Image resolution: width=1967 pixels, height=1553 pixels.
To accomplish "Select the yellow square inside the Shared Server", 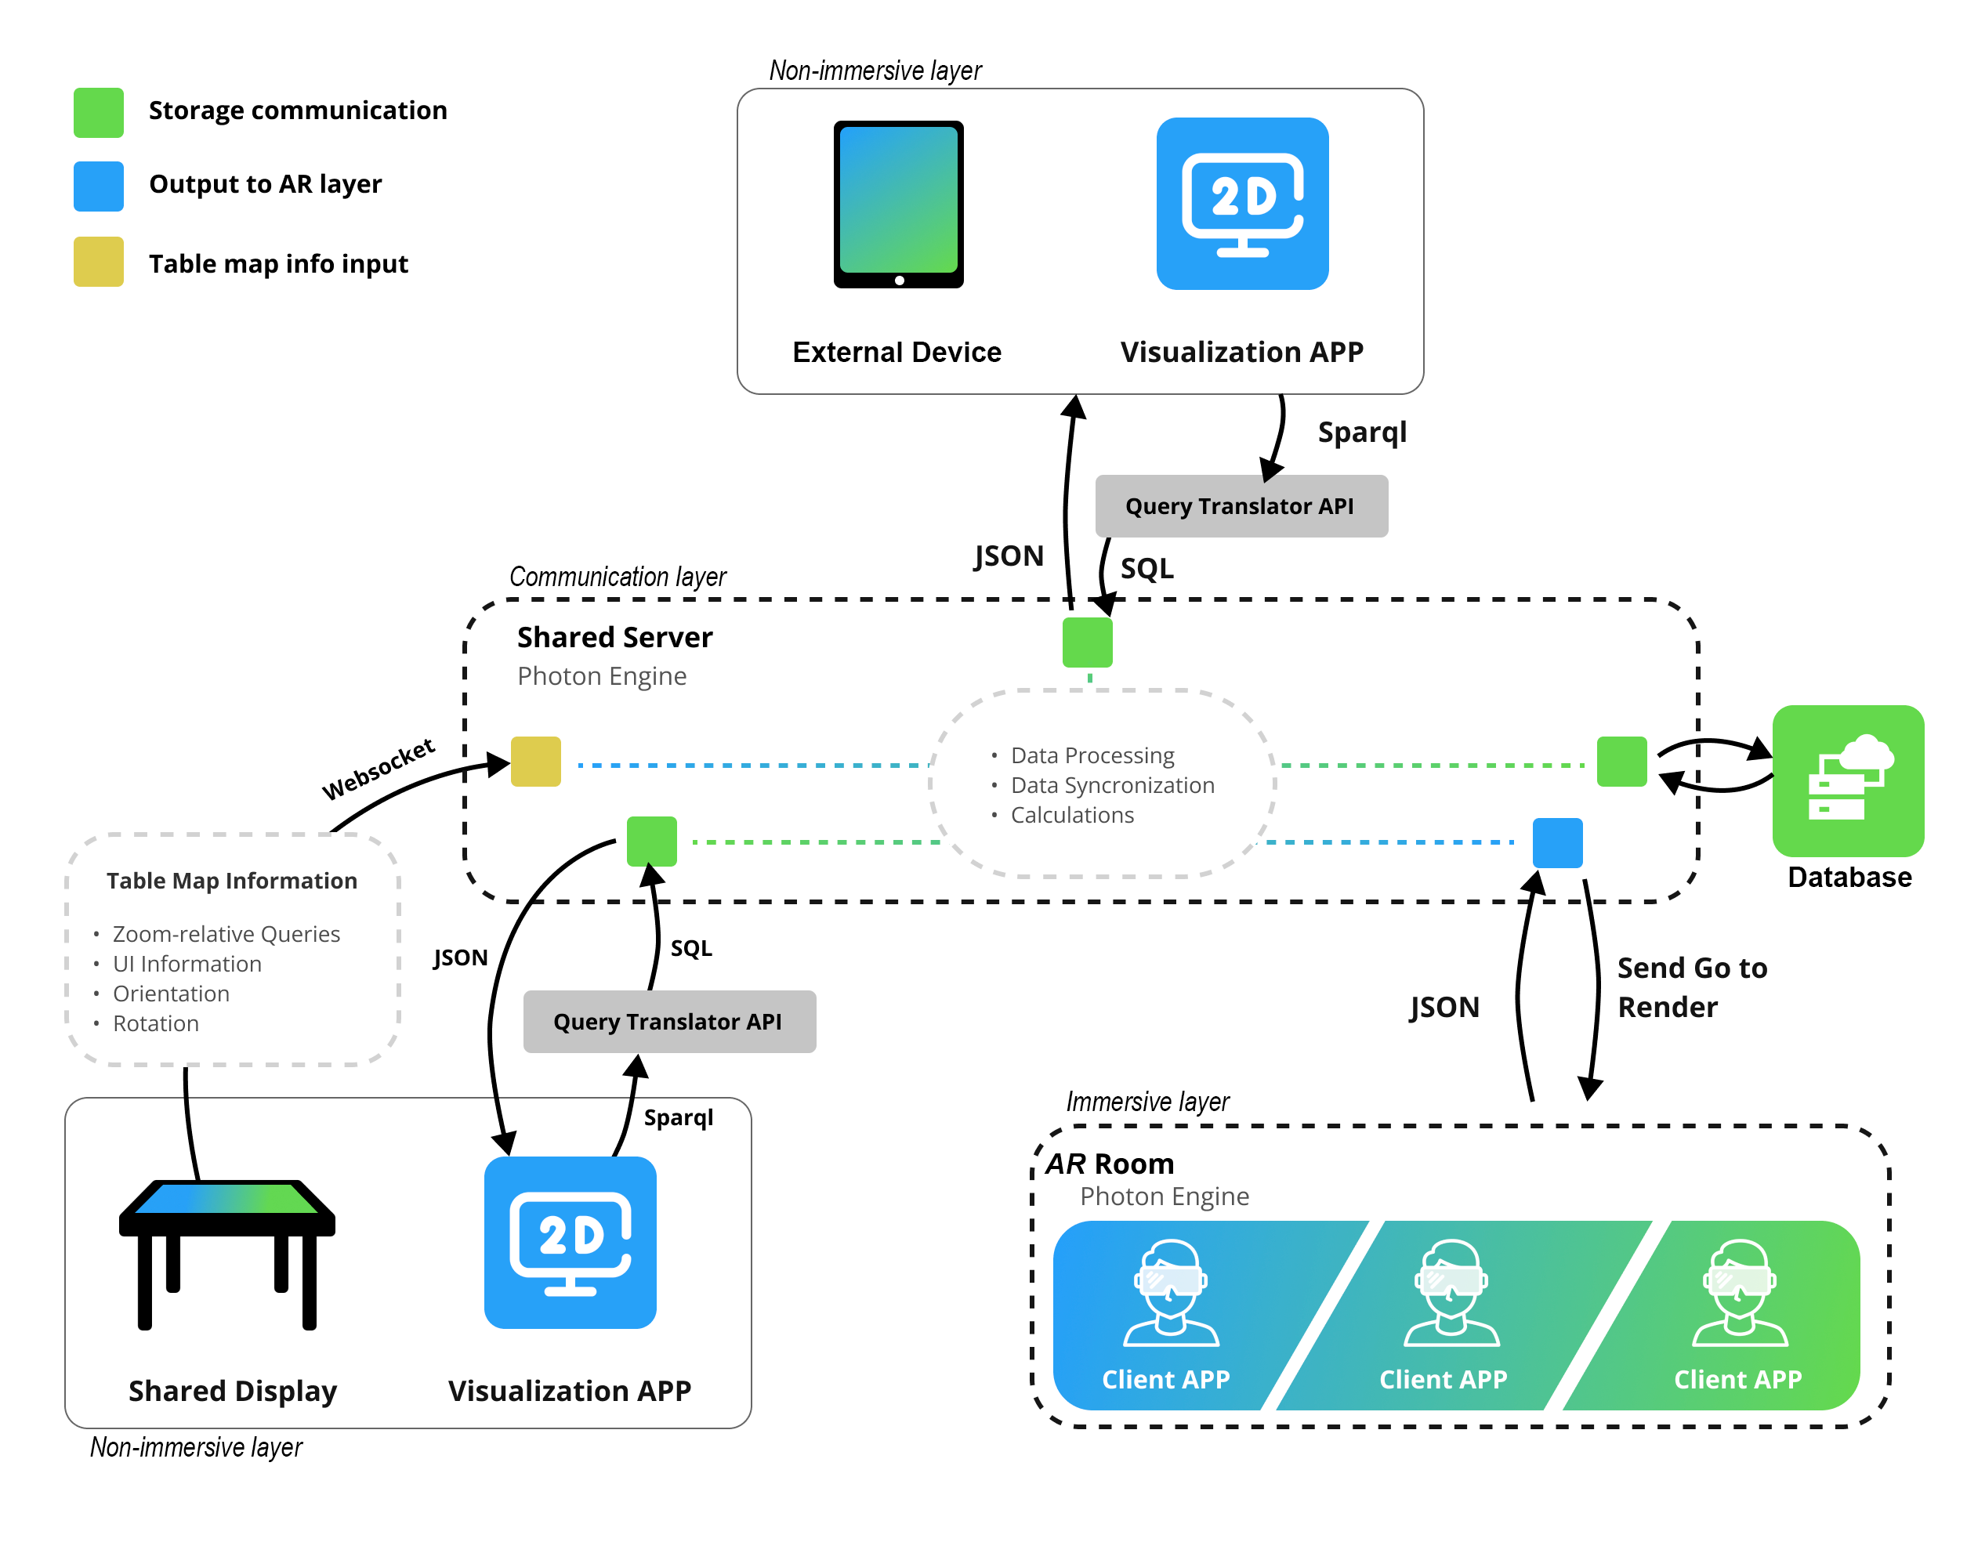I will pos(535,761).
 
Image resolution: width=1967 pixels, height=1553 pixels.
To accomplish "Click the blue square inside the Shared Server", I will pos(1557,843).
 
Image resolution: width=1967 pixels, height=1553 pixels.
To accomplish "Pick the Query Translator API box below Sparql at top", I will pos(1241,505).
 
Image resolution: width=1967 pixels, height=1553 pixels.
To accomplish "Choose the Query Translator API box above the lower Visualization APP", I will pos(669,1021).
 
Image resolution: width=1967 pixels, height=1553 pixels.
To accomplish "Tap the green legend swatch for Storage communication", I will pos(98,113).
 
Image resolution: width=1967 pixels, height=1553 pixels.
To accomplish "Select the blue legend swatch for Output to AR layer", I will pos(98,186).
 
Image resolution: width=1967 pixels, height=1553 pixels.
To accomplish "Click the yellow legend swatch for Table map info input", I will pos(98,262).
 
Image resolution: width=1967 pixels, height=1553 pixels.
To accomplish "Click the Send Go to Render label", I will pos(1690,987).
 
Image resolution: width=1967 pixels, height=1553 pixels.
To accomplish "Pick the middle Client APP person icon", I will pos(1451,1293).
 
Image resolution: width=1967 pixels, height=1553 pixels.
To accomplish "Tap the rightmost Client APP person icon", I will pos(1739,1293).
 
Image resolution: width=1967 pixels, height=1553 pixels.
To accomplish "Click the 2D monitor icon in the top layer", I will pos(1241,204).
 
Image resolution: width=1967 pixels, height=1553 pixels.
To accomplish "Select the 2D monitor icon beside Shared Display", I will pos(571,1242).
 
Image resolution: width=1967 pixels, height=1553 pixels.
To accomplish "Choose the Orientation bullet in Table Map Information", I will pos(171,993).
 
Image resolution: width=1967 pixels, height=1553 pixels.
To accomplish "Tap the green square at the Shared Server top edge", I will pos(1087,642).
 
